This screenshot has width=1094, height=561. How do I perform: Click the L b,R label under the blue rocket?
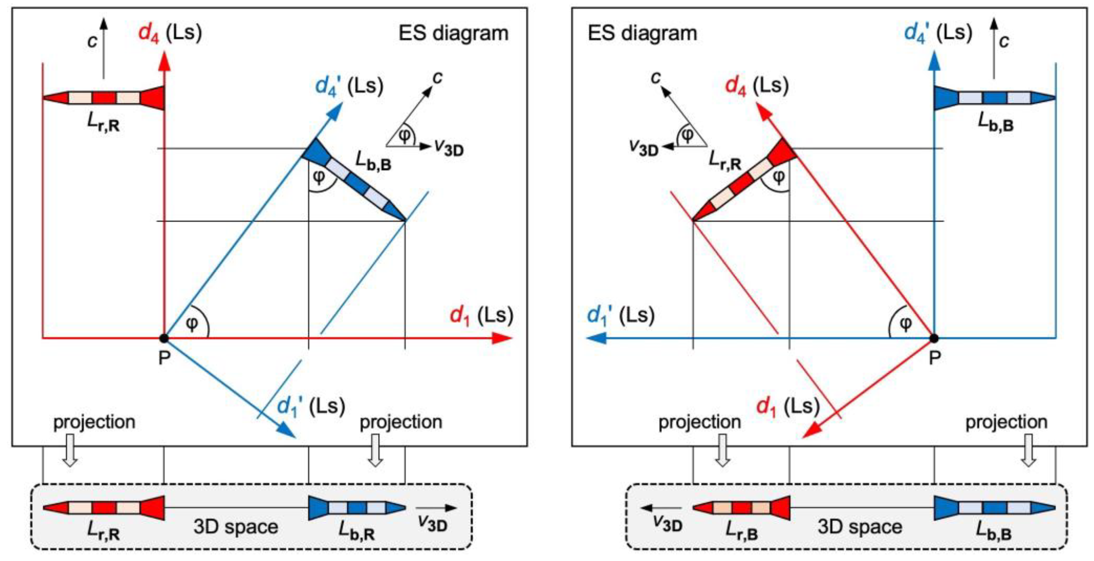pyautogui.click(x=356, y=531)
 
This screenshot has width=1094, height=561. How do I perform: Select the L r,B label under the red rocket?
pyautogui.click(x=741, y=531)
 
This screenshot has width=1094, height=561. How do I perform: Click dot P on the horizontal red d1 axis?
pyautogui.click(x=164, y=338)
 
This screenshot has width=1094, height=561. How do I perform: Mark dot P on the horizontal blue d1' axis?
pyautogui.click(x=934, y=338)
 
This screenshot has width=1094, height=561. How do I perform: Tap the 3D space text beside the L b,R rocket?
pyautogui.click(x=236, y=527)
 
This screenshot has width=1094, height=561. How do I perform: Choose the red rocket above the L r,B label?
pyautogui.click(x=741, y=508)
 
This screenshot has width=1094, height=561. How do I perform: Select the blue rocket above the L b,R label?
pyautogui.click(x=357, y=508)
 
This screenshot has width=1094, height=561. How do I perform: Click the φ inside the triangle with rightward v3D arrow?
pyautogui.click(x=405, y=136)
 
